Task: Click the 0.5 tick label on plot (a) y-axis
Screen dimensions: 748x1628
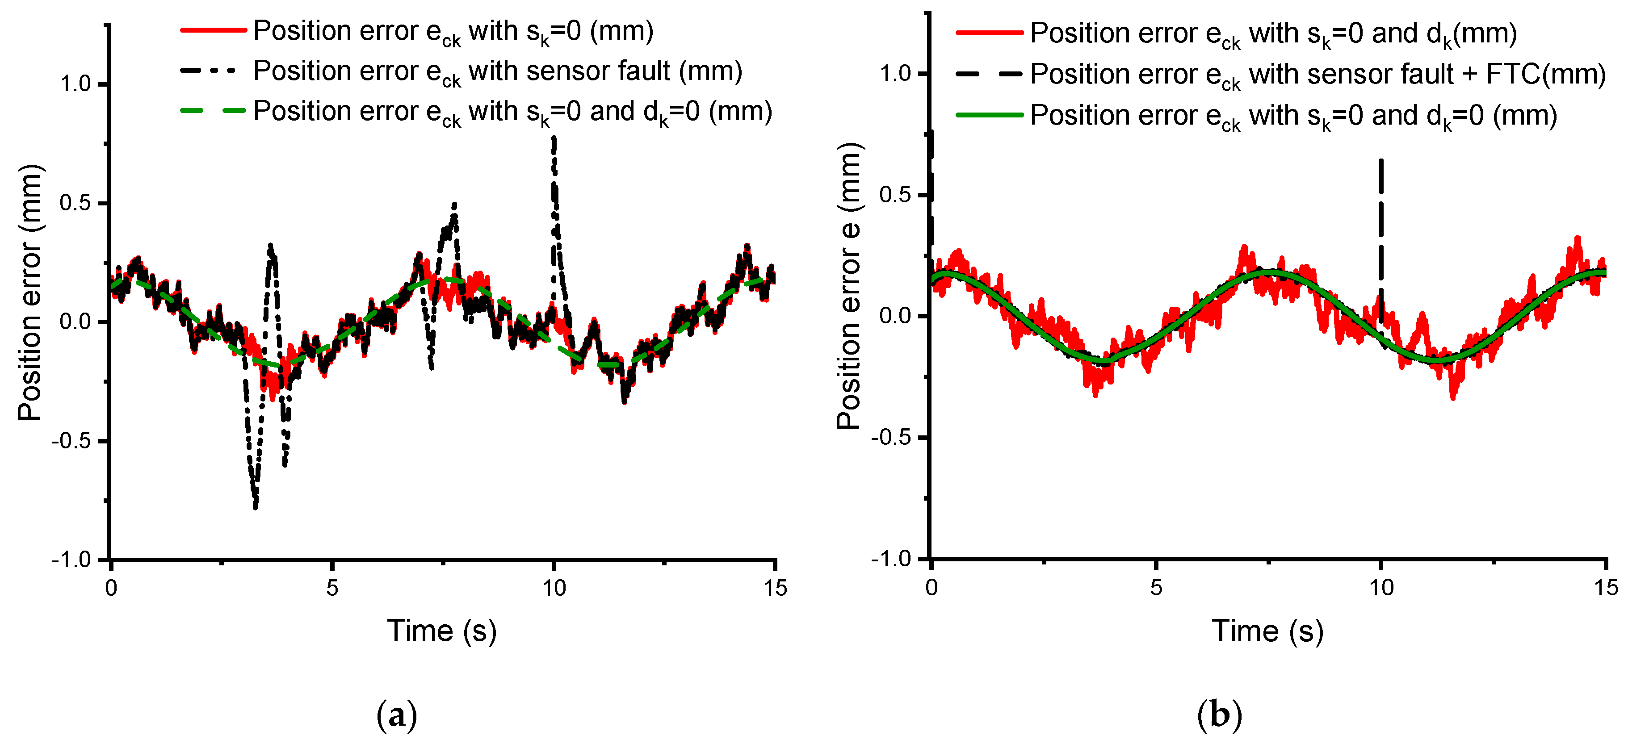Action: (75, 204)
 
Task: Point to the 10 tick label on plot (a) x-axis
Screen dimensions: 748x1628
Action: (554, 589)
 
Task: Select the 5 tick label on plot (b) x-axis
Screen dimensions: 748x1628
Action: (1156, 588)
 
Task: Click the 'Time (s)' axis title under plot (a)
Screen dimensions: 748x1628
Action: (442, 631)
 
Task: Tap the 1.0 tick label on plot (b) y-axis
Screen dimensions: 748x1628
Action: (895, 74)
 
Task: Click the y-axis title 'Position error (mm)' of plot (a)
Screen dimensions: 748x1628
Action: (29, 292)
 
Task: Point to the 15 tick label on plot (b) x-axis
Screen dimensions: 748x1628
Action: (1606, 588)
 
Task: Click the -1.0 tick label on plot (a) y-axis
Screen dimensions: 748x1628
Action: (71, 560)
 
